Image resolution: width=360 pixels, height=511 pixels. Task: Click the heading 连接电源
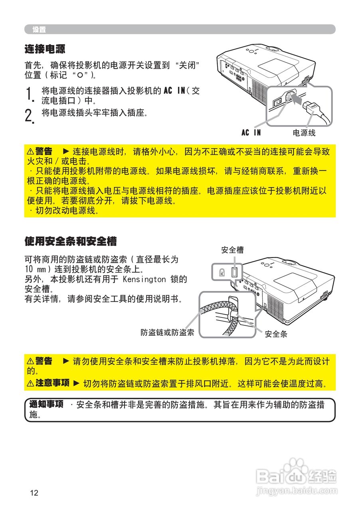[45, 50]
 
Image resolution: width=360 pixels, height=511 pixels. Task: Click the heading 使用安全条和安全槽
[70, 241]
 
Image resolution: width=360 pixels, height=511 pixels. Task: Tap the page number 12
[34, 493]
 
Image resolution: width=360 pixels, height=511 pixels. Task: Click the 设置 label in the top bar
[39, 30]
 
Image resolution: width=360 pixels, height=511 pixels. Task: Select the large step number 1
[28, 95]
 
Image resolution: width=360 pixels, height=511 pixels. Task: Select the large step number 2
[28, 115]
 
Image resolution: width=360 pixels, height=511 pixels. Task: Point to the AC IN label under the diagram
[251, 133]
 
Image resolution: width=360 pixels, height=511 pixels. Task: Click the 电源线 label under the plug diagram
[304, 133]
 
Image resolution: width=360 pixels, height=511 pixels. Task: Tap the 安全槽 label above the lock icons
[232, 250]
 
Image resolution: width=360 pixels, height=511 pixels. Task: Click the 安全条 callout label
[276, 334]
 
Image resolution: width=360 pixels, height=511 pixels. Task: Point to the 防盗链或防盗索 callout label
[167, 332]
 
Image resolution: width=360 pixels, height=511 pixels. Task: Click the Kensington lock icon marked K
[222, 273]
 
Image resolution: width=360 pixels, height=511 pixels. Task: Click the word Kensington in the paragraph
[144, 279]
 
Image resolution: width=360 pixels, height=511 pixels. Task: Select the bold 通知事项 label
[46, 404]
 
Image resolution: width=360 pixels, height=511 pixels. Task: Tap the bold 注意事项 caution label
[52, 383]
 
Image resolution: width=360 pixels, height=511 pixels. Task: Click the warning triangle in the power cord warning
[30, 152]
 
